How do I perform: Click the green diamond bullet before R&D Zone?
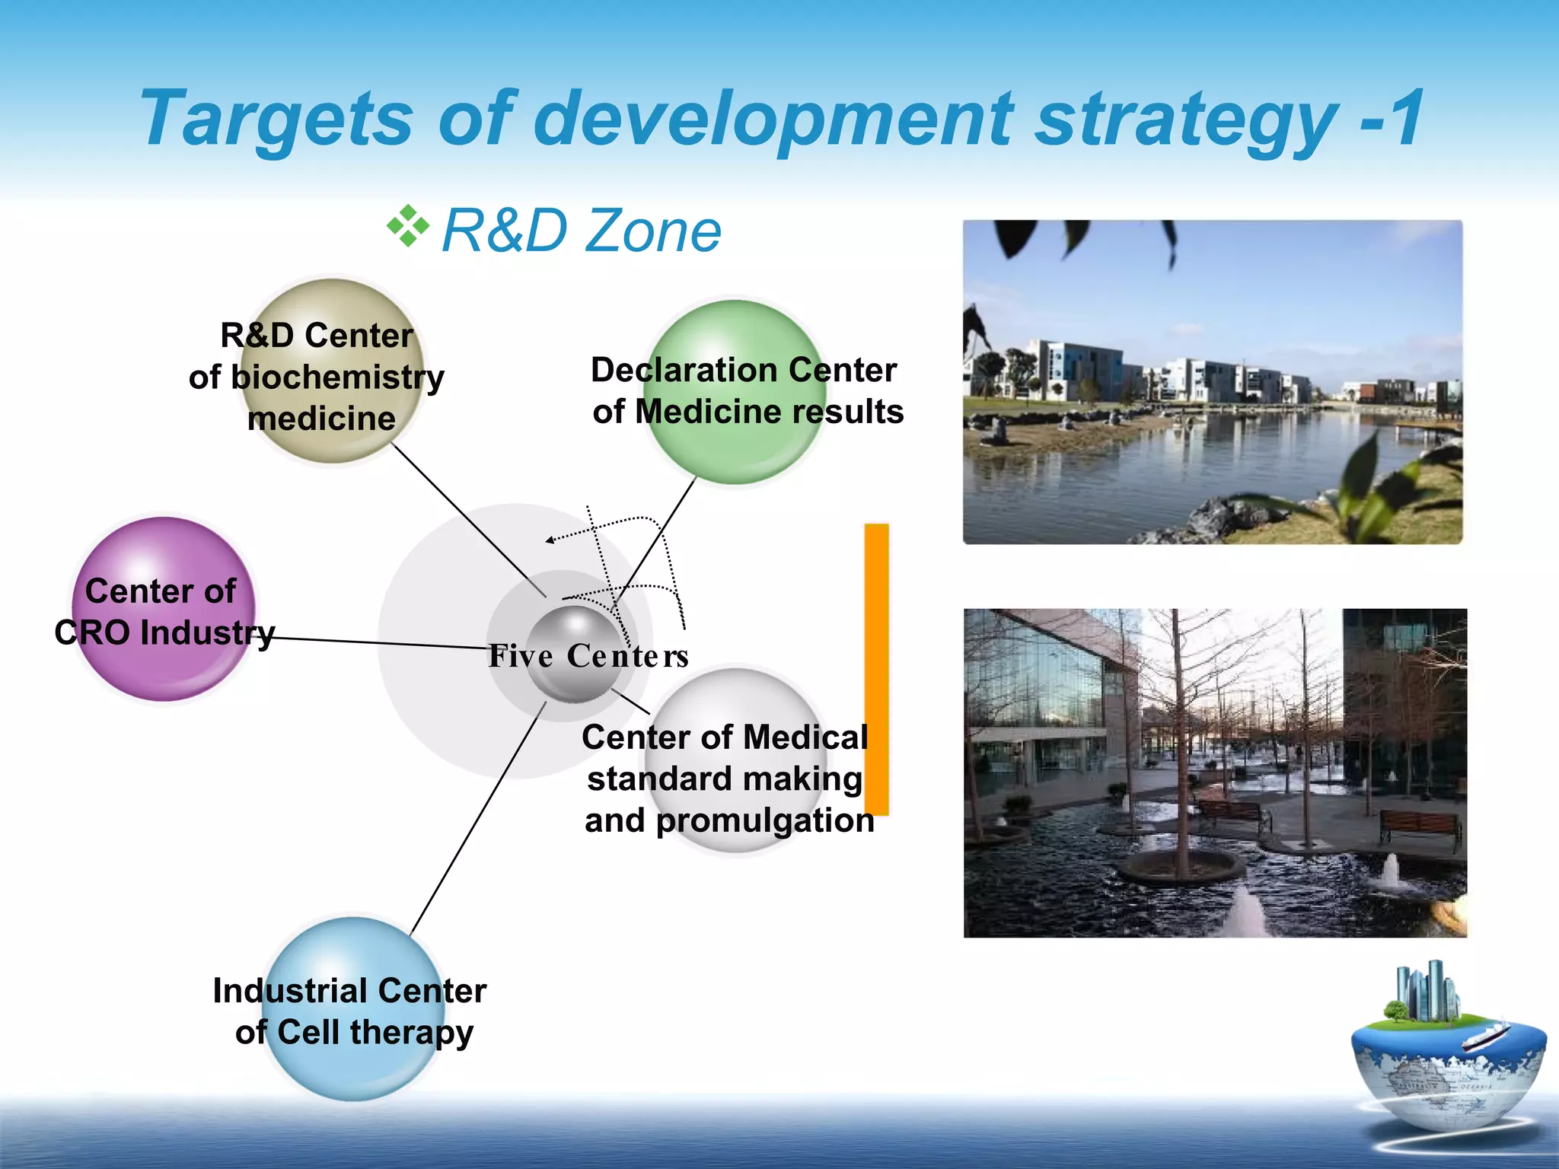pos(408,227)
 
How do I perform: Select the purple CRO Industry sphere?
pos(164,670)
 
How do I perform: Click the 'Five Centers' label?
pos(588,656)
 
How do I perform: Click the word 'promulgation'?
pos(764,821)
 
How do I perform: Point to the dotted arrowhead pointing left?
pos(550,540)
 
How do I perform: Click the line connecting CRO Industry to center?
pos(381,644)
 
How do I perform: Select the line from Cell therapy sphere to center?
pos(476,822)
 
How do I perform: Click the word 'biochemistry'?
pos(337,377)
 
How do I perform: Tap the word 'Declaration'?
pos(684,371)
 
